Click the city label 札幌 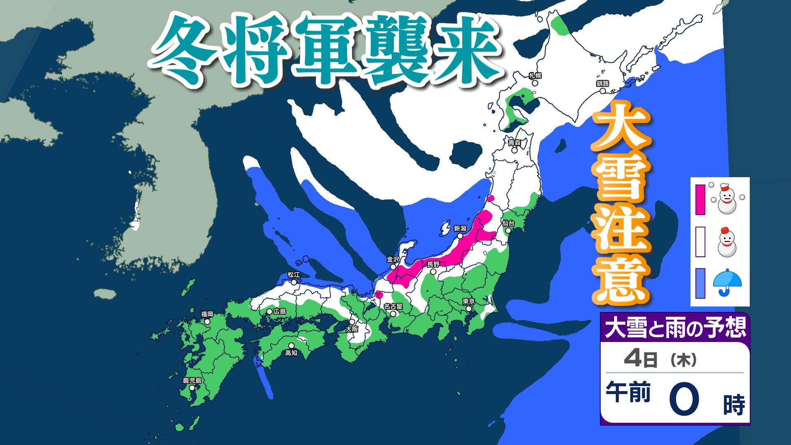[535, 76]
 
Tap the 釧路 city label [602, 84]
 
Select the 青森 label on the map [515, 143]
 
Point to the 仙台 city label [508, 223]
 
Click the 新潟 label [460, 229]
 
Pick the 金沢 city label [393, 260]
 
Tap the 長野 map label [433, 265]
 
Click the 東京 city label [469, 302]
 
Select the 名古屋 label [393, 307]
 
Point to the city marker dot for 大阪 [352, 322]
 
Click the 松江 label [294, 275]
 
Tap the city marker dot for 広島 [269, 312]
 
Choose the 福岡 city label [207, 314]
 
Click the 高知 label [291, 353]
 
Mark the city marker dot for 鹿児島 [192, 388]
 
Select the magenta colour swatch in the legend [700, 200]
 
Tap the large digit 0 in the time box [684, 399]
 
